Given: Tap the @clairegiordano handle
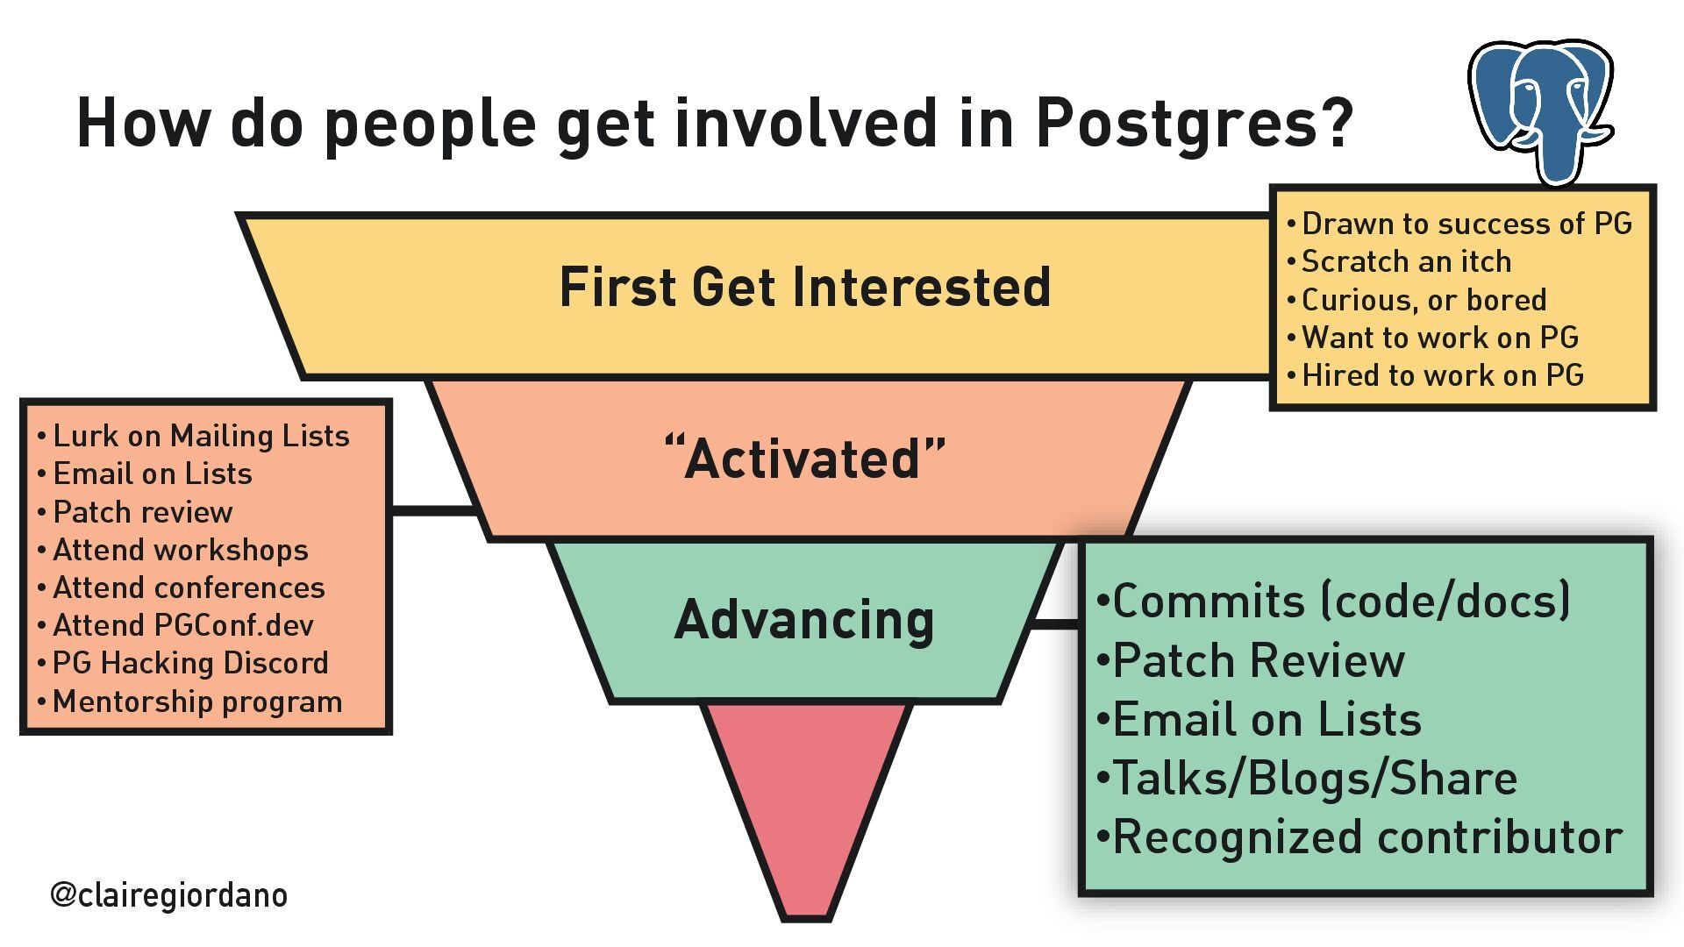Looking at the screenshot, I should click(x=168, y=894).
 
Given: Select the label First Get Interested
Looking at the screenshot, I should click(x=804, y=288).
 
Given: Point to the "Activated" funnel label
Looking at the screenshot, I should click(x=804, y=458).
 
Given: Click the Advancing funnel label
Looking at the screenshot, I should click(x=804, y=620).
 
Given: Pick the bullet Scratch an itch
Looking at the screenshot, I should click(x=1406, y=261).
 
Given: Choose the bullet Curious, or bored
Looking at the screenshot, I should click(x=1424, y=300).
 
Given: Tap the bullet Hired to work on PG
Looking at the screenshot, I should click(x=1442, y=375).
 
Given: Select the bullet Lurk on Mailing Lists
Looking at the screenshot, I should click(x=201, y=436).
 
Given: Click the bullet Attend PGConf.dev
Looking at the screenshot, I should click(x=182, y=625).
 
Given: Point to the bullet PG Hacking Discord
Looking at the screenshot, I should click(x=190, y=663).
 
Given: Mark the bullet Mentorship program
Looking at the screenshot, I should click(x=197, y=701).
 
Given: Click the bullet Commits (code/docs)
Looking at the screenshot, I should click(x=1340, y=602).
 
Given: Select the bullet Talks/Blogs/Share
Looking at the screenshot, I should click(x=1314, y=779).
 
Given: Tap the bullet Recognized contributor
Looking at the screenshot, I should click(x=1366, y=837).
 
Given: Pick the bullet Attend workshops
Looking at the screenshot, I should click(x=181, y=550).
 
